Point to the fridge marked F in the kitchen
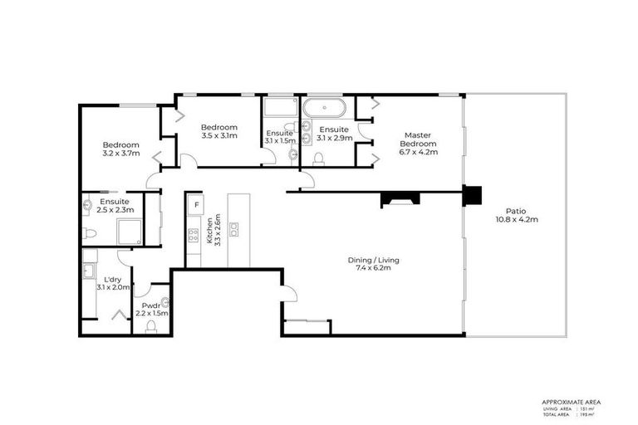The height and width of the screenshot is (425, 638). click(196, 204)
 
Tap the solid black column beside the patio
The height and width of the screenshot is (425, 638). click(472, 195)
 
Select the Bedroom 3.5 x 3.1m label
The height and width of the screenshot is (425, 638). click(219, 131)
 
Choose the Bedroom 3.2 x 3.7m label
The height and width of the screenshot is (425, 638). click(120, 149)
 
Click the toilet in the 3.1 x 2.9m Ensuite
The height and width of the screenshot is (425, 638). click(318, 158)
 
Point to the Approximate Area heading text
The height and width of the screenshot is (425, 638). click(571, 402)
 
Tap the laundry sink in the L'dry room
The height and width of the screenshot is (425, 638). click(88, 270)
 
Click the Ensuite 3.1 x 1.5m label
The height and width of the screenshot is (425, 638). click(279, 137)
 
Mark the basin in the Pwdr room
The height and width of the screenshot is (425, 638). click(164, 301)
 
